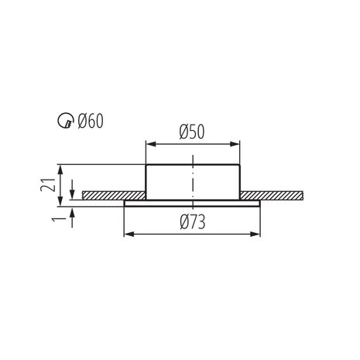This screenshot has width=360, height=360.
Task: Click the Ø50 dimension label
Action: coord(190,132)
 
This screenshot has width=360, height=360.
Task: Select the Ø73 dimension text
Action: coord(190,223)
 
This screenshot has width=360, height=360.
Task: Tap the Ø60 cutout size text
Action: coord(90,121)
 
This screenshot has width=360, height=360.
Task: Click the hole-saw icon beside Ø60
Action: coord(66,122)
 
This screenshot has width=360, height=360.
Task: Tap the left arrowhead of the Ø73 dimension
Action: coord(129,233)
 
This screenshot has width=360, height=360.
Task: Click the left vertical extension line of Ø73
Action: coord(124,221)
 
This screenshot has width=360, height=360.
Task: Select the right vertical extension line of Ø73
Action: coord(258,221)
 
